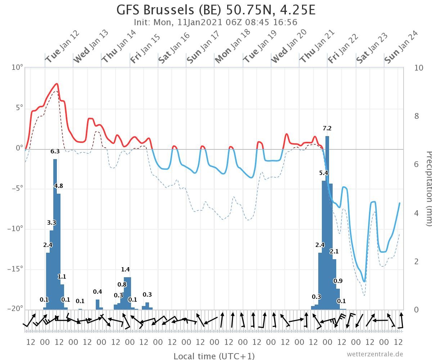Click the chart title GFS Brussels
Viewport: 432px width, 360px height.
click(x=216, y=10)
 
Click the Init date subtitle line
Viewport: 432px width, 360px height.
click(x=216, y=22)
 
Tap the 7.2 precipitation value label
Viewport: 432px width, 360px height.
click(x=327, y=129)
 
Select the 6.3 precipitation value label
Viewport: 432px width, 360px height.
click(x=55, y=152)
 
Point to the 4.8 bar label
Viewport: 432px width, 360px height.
click(x=59, y=186)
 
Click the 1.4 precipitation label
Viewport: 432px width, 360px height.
click(x=125, y=269)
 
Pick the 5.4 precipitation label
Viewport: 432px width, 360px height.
click(x=324, y=173)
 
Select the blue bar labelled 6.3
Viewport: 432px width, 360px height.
click(x=55, y=234)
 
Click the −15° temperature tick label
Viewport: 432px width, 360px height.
click(x=16, y=269)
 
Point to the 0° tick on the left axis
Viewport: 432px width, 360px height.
click(x=19, y=148)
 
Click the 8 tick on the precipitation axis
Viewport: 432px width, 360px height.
click(x=417, y=116)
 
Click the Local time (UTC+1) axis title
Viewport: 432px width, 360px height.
click(x=214, y=356)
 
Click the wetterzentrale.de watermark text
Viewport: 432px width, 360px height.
click(x=375, y=354)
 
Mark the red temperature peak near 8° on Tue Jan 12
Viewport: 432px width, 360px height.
click(x=57, y=84)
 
